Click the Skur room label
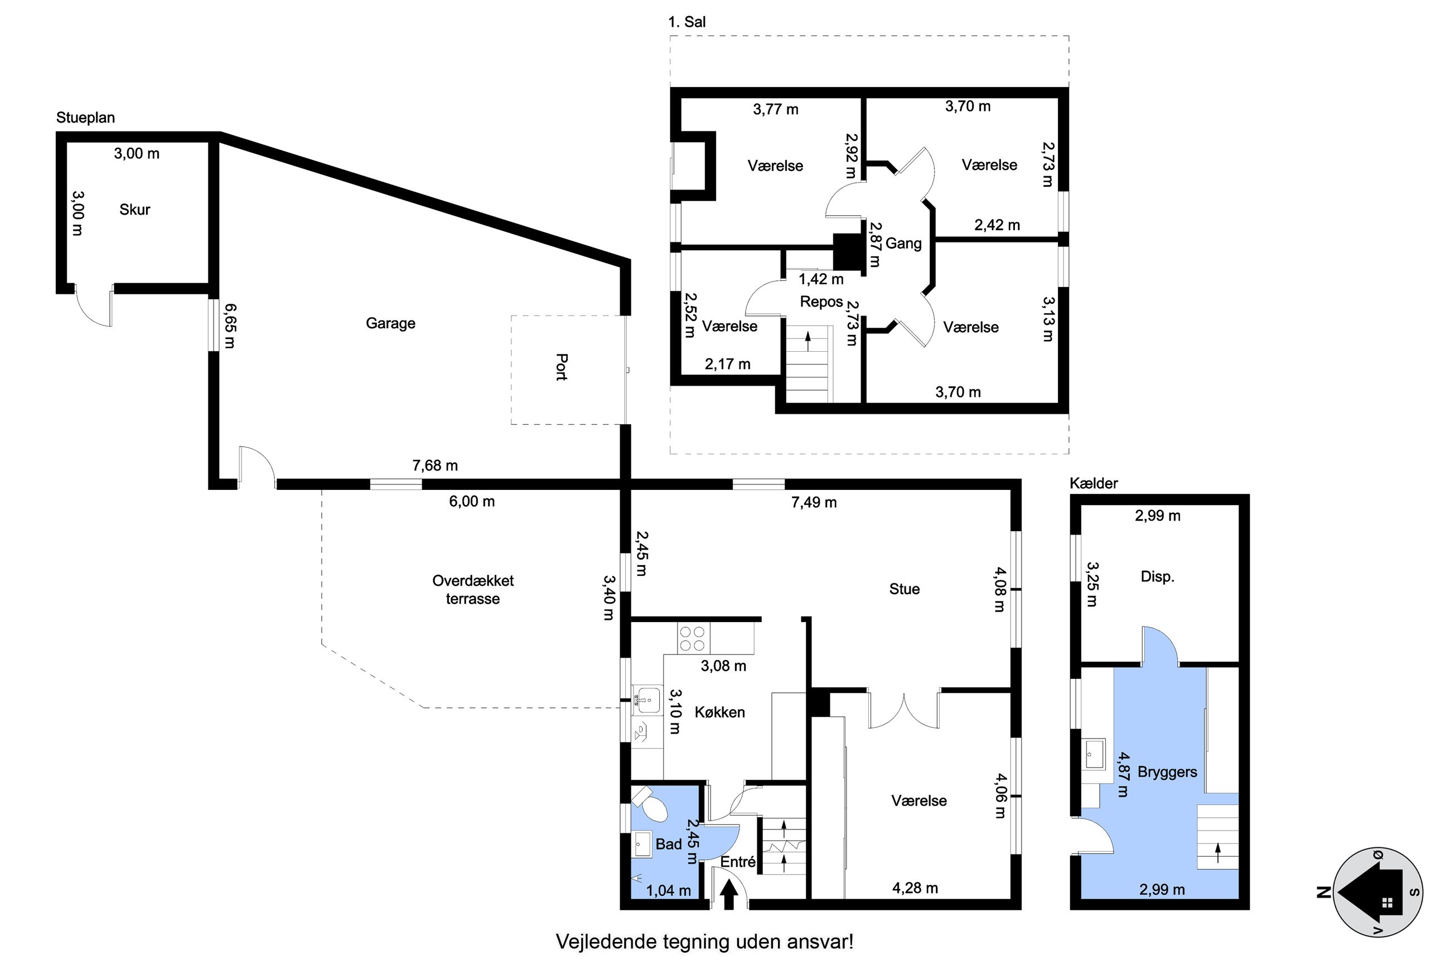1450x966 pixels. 134,210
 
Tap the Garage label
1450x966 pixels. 391,323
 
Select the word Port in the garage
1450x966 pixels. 561,367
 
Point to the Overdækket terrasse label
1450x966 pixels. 473,590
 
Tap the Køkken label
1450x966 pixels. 720,712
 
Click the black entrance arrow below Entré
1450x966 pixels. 729,895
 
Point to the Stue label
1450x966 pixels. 904,589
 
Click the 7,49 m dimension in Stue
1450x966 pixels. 814,502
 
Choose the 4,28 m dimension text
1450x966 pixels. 915,888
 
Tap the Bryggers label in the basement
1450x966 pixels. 1167,773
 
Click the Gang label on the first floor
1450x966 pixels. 903,244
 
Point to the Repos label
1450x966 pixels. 821,302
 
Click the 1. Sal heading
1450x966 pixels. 687,22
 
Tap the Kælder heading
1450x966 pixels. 1094,483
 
